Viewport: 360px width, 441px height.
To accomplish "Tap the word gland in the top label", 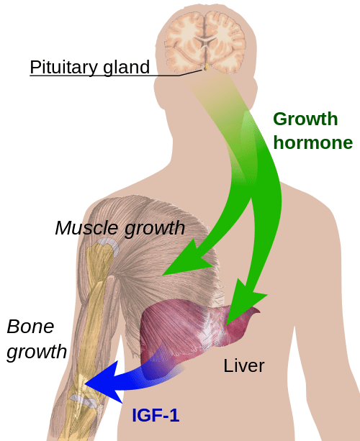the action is [x=127, y=68].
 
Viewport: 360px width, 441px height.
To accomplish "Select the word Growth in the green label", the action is [x=305, y=119].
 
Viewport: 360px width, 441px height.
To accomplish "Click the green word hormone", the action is [x=313, y=142].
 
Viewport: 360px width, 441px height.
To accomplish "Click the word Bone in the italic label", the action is [x=30, y=327].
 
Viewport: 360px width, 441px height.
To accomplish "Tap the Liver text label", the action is [x=244, y=365].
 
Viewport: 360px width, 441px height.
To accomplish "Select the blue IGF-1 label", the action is [x=156, y=415].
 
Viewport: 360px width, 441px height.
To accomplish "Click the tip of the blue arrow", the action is [x=85, y=383].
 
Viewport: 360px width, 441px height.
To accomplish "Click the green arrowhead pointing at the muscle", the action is [x=189, y=260].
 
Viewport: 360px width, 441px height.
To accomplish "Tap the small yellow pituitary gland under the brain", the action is [x=206, y=67].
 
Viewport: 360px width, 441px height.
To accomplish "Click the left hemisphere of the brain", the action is [x=184, y=41].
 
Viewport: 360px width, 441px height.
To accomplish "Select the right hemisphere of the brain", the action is [x=226, y=41].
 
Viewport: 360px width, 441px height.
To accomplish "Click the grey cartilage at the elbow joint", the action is [x=84, y=400].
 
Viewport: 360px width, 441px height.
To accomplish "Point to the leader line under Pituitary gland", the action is [x=116, y=76].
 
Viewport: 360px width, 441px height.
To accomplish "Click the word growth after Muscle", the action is [x=155, y=228].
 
